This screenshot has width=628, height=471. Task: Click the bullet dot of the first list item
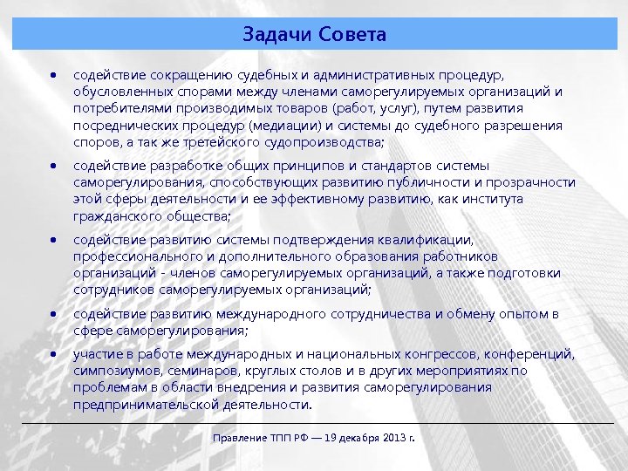click(54, 76)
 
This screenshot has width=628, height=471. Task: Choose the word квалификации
click(429, 240)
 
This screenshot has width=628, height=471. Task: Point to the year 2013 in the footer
click(391, 436)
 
